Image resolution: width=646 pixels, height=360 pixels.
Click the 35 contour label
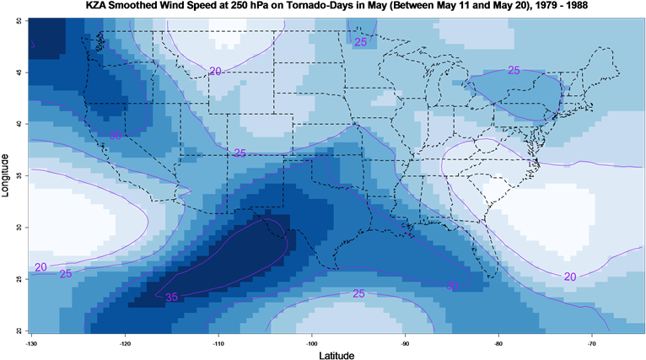pos(171,297)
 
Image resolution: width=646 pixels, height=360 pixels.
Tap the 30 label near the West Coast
pos(116,135)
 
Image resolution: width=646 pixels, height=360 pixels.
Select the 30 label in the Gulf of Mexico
pos(452,286)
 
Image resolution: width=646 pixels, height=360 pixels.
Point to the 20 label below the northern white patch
pos(215,72)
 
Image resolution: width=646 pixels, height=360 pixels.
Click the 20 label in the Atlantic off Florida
pos(570,277)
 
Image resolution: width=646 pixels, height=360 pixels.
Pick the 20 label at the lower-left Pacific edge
pos(40,267)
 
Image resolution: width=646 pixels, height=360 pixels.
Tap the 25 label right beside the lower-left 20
pos(67,273)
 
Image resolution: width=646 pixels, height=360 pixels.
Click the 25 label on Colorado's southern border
pos(240,153)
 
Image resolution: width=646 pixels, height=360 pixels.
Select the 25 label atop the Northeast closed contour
pos(514,70)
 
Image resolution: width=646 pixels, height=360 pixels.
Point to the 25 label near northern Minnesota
pos(360,42)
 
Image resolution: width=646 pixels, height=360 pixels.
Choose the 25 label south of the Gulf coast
pos(358,293)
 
